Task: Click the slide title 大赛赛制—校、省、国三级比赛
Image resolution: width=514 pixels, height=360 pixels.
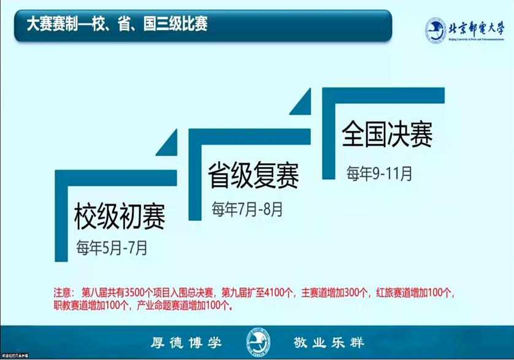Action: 117,24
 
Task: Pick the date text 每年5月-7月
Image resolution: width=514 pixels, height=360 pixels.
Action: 111,248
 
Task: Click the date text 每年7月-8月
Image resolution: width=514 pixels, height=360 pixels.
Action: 247,209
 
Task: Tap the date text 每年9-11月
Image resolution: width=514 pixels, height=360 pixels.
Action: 379,173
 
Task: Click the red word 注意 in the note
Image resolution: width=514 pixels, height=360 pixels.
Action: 63,293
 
